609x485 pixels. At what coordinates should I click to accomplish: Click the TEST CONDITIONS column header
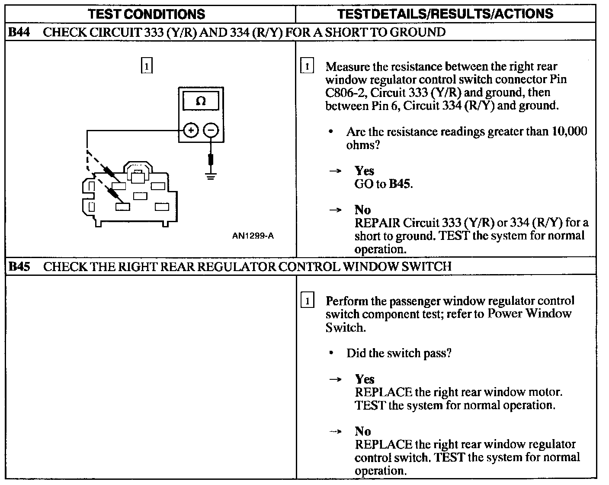coord(146,14)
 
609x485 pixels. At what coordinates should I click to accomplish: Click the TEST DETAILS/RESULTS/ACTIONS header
coord(445,14)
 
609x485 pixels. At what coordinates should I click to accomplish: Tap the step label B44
coord(19,32)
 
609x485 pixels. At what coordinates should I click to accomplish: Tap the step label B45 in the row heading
coord(19,266)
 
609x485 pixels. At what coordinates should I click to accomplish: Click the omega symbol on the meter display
coord(201,101)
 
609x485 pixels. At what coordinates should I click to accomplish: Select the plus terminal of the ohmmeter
coord(191,130)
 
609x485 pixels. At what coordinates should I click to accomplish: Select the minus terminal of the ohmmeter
coord(211,130)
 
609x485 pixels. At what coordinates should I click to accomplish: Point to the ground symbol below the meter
coord(211,176)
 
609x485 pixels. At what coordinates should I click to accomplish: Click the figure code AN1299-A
coord(253,236)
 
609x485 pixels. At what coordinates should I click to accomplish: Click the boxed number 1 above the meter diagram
coord(147,65)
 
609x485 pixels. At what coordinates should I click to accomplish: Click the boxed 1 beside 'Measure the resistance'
coord(307,65)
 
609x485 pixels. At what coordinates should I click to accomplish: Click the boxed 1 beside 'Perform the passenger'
coord(308,300)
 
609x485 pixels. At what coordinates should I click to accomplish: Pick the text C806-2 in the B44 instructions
coord(346,93)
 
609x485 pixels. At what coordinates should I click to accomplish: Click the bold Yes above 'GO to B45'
coord(365,171)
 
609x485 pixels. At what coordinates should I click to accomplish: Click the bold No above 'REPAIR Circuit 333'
coord(363,210)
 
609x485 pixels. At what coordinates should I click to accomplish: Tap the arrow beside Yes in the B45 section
coord(335,380)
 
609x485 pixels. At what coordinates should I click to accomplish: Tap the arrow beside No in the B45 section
coord(335,432)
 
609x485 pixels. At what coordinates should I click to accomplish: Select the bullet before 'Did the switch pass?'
coord(331,353)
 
